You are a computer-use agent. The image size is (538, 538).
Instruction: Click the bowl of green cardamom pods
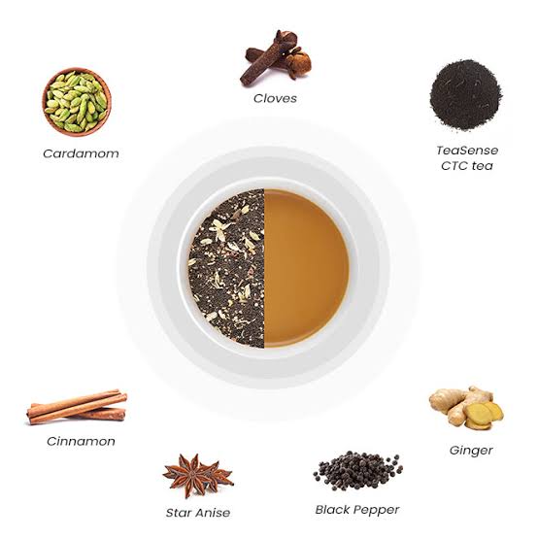point(76,101)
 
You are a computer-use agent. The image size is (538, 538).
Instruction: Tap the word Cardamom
point(81,153)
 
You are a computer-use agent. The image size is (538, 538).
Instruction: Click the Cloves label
point(275,98)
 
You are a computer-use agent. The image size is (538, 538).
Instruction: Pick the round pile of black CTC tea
point(465,94)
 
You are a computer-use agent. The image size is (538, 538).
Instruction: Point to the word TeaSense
point(466,151)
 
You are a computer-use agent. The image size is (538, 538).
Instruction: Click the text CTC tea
point(465,166)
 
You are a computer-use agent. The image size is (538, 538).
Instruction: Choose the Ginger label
point(471,450)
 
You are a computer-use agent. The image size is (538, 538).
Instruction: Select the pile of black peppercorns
point(356,470)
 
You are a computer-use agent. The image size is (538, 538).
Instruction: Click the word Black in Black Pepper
point(334,509)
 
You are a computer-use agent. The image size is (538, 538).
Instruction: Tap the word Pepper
point(377,509)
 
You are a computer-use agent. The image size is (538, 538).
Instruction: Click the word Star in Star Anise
point(180,512)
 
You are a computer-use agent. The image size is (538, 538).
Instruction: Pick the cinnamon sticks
point(76,407)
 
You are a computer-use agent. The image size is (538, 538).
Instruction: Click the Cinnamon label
point(81,441)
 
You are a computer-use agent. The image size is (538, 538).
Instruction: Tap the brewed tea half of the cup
point(305,268)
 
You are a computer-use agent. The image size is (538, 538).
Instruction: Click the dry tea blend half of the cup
point(227,268)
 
